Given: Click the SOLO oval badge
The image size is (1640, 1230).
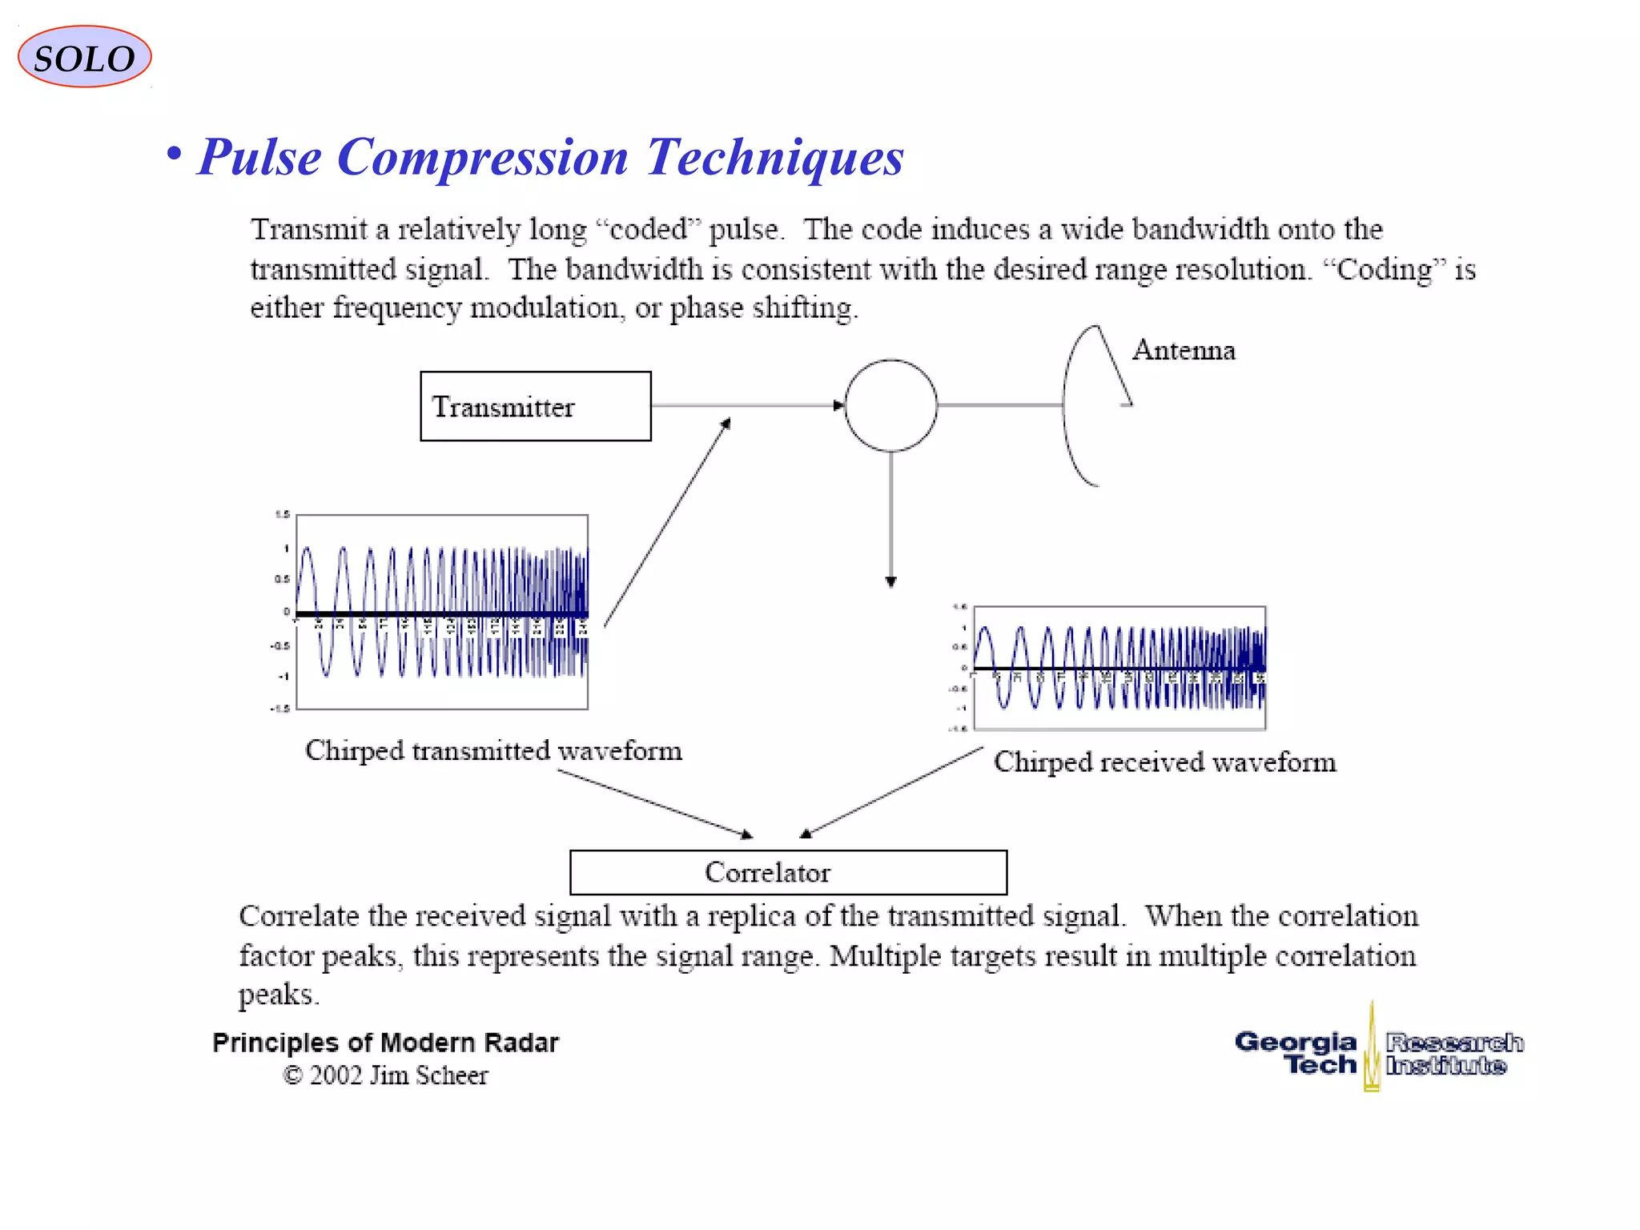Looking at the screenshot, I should click(84, 58).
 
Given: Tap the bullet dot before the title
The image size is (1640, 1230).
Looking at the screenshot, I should click(174, 153).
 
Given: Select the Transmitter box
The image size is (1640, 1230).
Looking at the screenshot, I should click(535, 406).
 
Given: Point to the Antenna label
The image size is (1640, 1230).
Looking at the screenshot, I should click(1183, 351).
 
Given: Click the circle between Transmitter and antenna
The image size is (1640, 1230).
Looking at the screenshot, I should click(890, 405).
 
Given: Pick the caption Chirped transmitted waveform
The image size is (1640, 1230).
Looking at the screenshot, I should click(493, 751).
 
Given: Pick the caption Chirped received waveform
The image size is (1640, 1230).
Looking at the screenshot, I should click(1164, 762).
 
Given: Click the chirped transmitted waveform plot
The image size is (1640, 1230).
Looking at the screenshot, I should click(442, 612).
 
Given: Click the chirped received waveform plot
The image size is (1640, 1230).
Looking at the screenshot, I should click(1119, 668).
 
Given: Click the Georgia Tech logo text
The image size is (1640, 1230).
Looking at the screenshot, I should click(1297, 1052).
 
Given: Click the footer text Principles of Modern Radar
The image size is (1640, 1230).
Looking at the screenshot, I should click(385, 1043).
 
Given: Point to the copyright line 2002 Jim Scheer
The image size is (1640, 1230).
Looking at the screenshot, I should click(385, 1075).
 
